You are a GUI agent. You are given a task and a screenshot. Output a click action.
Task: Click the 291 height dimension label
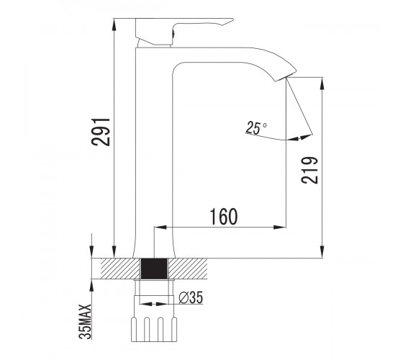pyautogui.click(x=101, y=132)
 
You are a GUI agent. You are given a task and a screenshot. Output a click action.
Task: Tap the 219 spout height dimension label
pyautogui.click(x=309, y=170)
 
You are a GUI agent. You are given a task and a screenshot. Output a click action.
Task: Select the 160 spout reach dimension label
pyautogui.click(x=224, y=217)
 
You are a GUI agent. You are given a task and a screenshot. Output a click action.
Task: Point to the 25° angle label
pyautogui.click(x=255, y=128)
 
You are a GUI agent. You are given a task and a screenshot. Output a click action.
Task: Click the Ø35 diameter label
pyautogui.click(x=191, y=297)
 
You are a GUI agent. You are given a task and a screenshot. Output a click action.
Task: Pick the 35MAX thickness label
pyautogui.click(x=86, y=322)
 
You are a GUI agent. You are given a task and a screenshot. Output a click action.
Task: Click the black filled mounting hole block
pyautogui.click(x=154, y=269)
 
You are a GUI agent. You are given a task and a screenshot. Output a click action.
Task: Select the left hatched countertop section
pyautogui.click(x=120, y=269)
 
